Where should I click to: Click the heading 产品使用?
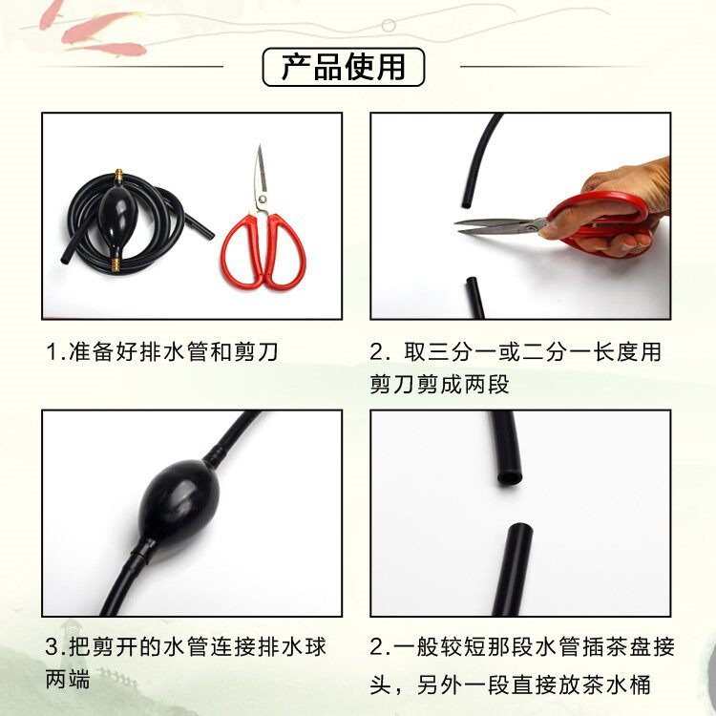tap(344, 67)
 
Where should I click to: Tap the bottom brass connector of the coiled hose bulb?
tap(116, 264)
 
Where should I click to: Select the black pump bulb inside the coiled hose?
tap(115, 215)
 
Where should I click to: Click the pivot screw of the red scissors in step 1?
tap(263, 200)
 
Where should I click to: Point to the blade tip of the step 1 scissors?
tap(260, 146)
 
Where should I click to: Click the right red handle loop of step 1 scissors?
tap(285, 253)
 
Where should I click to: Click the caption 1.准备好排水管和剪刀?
tap(162, 351)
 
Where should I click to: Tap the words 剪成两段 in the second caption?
tap(462, 385)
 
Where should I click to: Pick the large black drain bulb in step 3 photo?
tap(179, 501)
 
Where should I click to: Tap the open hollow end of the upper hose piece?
tap(509, 478)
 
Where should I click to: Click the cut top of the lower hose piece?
tap(520, 529)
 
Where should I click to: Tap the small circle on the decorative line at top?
tap(389, 25)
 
